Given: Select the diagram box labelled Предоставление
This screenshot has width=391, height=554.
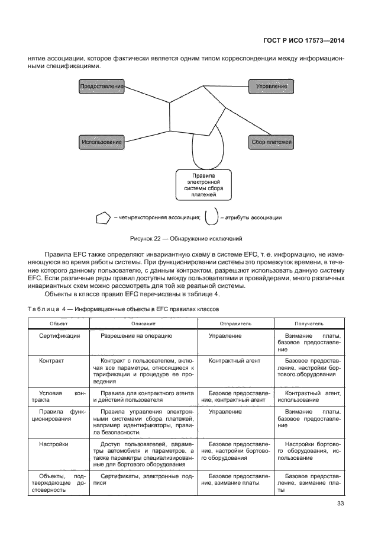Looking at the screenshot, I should click(x=101, y=87).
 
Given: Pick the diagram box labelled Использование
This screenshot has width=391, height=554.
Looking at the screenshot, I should click(x=101, y=142).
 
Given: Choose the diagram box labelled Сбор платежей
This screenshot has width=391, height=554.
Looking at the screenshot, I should click(x=272, y=142).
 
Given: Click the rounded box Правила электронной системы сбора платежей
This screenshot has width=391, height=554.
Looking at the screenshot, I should click(x=203, y=184).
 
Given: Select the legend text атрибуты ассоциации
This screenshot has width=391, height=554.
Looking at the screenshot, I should click(x=251, y=217).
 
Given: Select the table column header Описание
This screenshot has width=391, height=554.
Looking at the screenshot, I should click(x=143, y=324).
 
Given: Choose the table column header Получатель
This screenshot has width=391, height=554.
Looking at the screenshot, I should click(x=309, y=324).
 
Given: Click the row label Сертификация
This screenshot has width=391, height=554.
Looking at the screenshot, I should click(x=60, y=336).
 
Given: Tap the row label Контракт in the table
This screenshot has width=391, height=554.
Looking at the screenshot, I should click(x=51, y=360).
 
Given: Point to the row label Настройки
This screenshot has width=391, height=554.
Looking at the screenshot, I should click(x=54, y=444).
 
